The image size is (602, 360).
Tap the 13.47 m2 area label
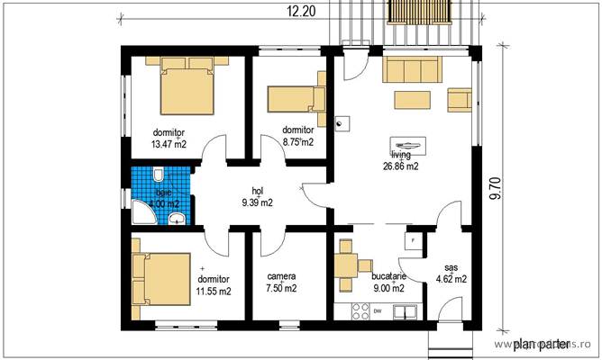(169, 143)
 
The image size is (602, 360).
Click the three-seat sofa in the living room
(413, 69)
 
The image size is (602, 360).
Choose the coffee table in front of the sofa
(411, 99)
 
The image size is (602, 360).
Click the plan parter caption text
(540, 343)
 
